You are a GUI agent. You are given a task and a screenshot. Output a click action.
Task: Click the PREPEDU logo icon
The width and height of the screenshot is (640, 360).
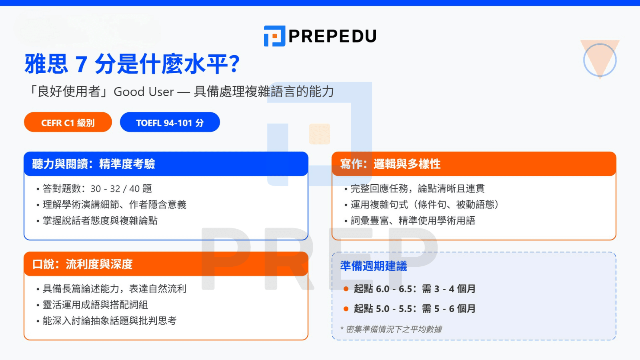(274, 36)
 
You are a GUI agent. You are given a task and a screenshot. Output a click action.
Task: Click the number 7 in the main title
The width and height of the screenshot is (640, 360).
(81, 64)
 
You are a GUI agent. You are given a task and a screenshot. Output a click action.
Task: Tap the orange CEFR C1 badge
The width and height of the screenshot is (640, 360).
(68, 122)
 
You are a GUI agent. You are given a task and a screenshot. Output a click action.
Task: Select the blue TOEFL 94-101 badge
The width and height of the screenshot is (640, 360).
(170, 122)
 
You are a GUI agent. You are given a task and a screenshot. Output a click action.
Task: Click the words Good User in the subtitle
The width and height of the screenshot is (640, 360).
(144, 92)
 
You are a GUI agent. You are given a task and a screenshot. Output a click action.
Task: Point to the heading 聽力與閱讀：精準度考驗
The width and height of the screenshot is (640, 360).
(94, 164)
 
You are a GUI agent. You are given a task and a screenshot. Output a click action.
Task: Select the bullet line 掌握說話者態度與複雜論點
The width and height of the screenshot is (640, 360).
(100, 221)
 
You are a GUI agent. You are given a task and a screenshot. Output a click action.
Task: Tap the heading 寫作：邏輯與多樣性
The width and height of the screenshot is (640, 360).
(390, 164)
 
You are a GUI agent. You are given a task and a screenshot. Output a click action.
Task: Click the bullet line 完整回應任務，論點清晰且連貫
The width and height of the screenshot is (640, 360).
(417, 189)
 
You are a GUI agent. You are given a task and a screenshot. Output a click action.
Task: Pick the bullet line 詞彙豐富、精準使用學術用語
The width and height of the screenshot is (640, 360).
(413, 221)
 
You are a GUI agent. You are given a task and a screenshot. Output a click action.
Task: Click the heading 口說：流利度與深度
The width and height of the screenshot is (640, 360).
(82, 264)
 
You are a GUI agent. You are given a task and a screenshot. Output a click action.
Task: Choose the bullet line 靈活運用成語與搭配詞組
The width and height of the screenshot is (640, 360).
(95, 305)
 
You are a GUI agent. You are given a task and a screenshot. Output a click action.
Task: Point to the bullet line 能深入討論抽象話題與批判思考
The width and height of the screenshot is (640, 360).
(110, 321)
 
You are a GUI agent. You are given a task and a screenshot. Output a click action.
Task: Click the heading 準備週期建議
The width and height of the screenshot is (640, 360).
(374, 266)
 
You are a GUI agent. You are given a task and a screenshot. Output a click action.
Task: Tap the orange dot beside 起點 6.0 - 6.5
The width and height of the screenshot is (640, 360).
(346, 289)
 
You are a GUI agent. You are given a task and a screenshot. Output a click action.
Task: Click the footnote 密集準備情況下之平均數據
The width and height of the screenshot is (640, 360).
(394, 329)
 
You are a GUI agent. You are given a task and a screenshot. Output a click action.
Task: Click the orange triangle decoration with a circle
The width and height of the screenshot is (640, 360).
(600, 59)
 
